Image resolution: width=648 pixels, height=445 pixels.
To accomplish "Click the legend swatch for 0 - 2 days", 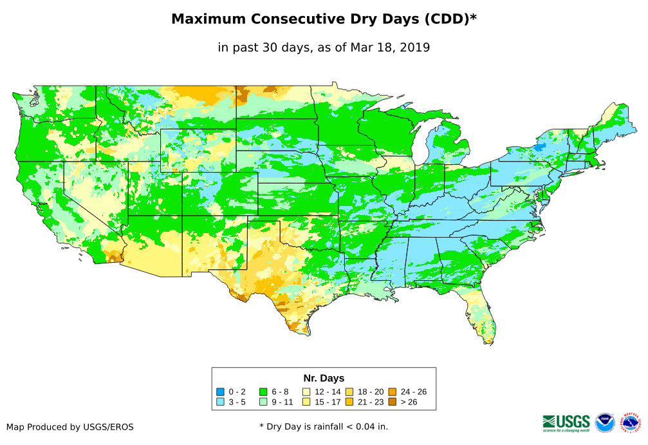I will click(x=220, y=392).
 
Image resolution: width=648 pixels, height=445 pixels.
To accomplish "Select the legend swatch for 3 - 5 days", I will click(x=220, y=402).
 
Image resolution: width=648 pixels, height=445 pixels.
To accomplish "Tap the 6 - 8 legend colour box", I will click(x=263, y=392).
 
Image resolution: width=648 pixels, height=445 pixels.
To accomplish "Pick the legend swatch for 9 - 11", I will click(x=263, y=402).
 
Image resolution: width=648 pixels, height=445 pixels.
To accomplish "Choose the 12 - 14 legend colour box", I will click(x=306, y=392).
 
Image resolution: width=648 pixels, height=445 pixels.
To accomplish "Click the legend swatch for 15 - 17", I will click(x=306, y=402).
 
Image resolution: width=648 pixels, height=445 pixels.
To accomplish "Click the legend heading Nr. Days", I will click(x=324, y=378).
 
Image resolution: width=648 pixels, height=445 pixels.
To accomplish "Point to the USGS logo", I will click(x=566, y=422).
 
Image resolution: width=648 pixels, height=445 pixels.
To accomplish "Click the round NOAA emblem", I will click(x=605, y=422).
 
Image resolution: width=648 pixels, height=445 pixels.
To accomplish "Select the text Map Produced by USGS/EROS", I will click(x=70, y=427).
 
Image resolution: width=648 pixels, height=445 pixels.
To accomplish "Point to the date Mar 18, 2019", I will click(x=390, y=47).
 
